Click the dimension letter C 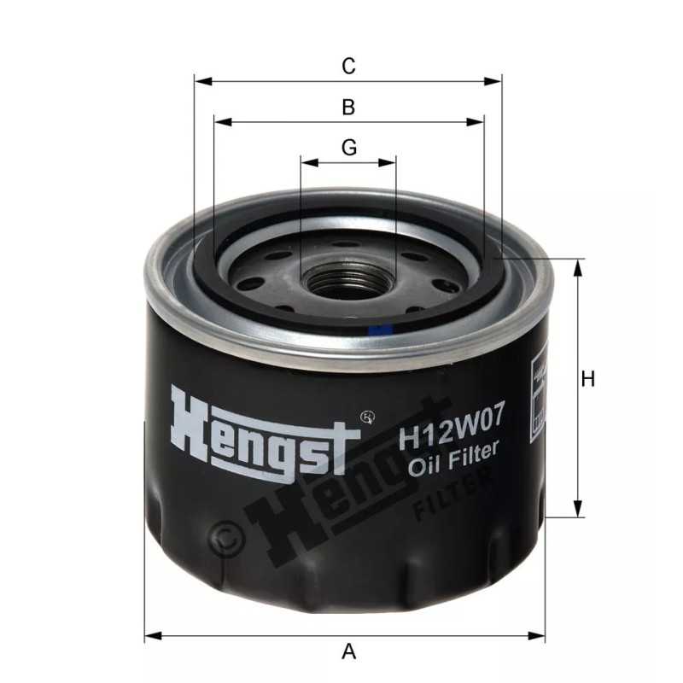coord(348,66)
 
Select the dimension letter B coord(348,108)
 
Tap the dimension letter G coord(348,148)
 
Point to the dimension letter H coord(587,380)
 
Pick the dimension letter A coord(348,653)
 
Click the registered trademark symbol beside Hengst coord(369,417)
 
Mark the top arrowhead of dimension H coord(579,266)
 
